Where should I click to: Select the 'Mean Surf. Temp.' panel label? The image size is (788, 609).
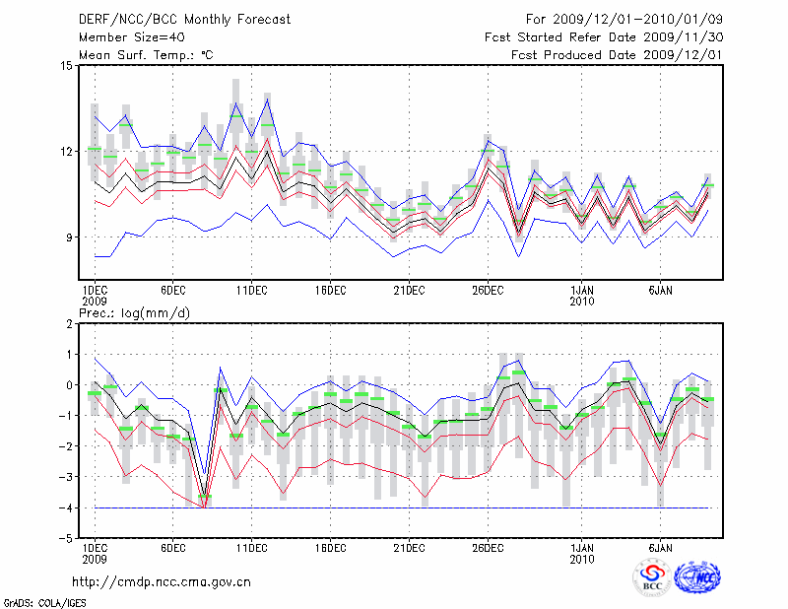146,55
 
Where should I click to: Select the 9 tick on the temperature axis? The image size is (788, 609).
68,237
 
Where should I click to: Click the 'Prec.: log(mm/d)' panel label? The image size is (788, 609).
135,312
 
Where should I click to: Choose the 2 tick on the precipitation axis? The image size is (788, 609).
69,323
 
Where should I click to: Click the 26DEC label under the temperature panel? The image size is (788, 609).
488,291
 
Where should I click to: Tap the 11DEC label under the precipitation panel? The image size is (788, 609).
251,547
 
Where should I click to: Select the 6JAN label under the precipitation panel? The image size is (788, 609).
660,547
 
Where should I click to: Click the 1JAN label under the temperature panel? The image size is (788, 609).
581,291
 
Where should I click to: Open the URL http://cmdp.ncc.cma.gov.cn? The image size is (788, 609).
162,581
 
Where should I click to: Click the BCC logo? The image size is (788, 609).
652,577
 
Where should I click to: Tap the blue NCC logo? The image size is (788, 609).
696,578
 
